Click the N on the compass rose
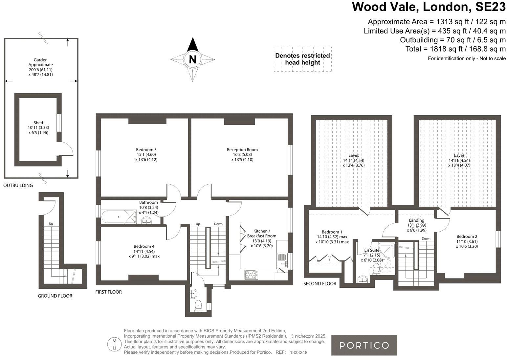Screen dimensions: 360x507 (x=192, y=59)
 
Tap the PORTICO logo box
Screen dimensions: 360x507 (x=364, y=345)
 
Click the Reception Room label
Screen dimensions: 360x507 (x=242, y=150)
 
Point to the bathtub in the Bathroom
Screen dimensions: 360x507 (x=118, y=217)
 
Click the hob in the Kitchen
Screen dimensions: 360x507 (x=251, y=275)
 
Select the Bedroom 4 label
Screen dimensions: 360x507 (x=144, y=246)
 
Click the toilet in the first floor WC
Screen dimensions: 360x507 (x=198, y=305)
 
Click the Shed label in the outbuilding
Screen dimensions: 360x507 (x=38, y=123)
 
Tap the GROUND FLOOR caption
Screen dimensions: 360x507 (x=55, y=296)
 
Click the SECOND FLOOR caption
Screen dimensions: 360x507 (x=320, y=283)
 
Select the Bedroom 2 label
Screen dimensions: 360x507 (x=467, y=236)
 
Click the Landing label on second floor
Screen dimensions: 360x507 (x=416, y=220)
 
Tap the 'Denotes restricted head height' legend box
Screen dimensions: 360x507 (x=302, y=59)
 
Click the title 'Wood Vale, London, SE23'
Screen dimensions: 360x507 (x=429, y=7)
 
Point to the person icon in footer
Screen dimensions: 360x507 (x=114, y=344)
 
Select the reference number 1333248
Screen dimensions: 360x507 (x=298, y=352)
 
